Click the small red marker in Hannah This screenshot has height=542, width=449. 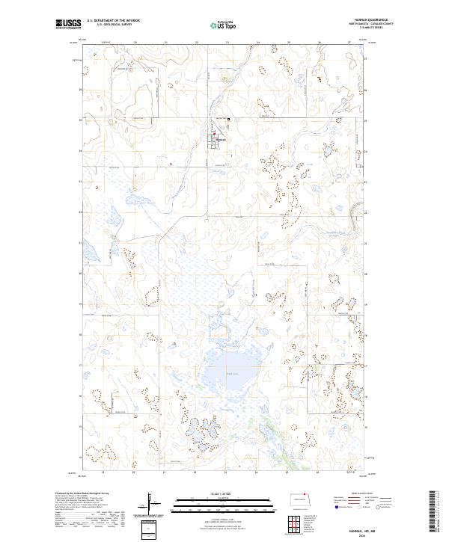coord(217,135)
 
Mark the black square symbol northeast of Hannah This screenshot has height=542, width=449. coord(229,121)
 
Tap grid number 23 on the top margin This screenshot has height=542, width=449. coord(227,43)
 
